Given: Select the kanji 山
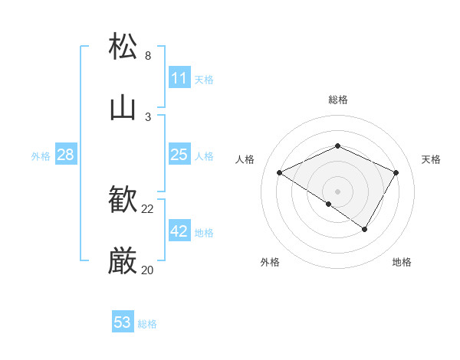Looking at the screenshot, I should click(x=123, y=108).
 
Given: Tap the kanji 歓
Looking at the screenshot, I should click(x=123, y=201).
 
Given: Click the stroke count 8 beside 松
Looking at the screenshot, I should click(x=148, y=56).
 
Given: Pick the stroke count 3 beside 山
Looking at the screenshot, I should click(x=148, y=116).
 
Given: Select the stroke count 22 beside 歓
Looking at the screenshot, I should click(x=148, y=209).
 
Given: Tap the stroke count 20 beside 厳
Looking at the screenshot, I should click(x=148, y=270).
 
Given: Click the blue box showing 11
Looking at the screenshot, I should click(x=179, y=78).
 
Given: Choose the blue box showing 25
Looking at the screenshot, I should click(x=179, y=155).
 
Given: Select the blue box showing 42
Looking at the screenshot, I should click(x=179, y=231).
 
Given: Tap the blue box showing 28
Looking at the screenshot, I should click(x=65, y=155).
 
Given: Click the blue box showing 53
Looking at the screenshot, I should click(x=123, y=322).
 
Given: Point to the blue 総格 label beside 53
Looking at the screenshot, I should click(x=147, y=324).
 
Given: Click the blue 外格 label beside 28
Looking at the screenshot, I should click(x=41, y=156).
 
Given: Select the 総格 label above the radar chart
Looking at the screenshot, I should click(x=337, y=100).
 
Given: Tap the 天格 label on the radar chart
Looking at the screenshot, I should click(x=431, y=159).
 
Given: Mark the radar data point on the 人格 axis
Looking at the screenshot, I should click(x=280, y=173).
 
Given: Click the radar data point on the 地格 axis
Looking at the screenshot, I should click(x=365, y=229).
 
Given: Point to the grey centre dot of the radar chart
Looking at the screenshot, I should click(x=337, y=191).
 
